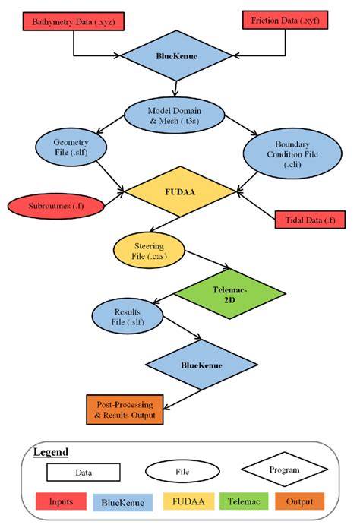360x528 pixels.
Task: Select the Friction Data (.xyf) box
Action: point(285,20)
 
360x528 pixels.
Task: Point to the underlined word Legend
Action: point(51,452)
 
